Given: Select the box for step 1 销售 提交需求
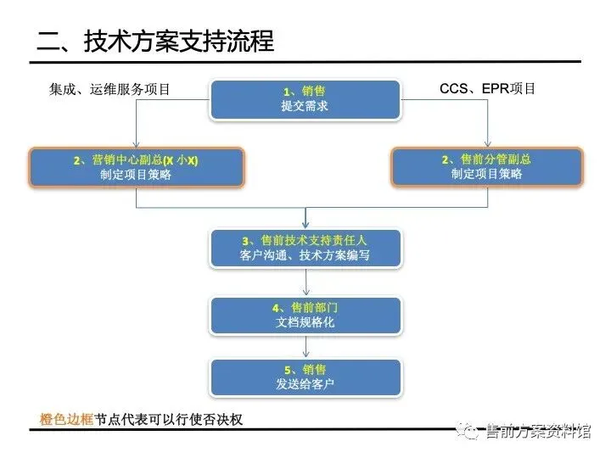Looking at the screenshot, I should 305,98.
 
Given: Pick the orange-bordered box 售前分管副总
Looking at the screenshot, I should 487,167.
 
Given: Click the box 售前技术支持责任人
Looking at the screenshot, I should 305,247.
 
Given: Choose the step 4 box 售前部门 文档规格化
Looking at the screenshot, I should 305,315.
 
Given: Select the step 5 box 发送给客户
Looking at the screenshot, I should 305,377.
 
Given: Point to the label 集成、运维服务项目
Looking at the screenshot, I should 109,89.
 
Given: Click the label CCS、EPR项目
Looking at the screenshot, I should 487,88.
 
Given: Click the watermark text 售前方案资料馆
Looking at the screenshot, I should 535,433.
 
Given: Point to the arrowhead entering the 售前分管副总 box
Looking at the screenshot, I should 488,144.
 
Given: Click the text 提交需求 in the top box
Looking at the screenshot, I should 305,107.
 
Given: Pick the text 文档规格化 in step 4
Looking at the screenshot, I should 305,322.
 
